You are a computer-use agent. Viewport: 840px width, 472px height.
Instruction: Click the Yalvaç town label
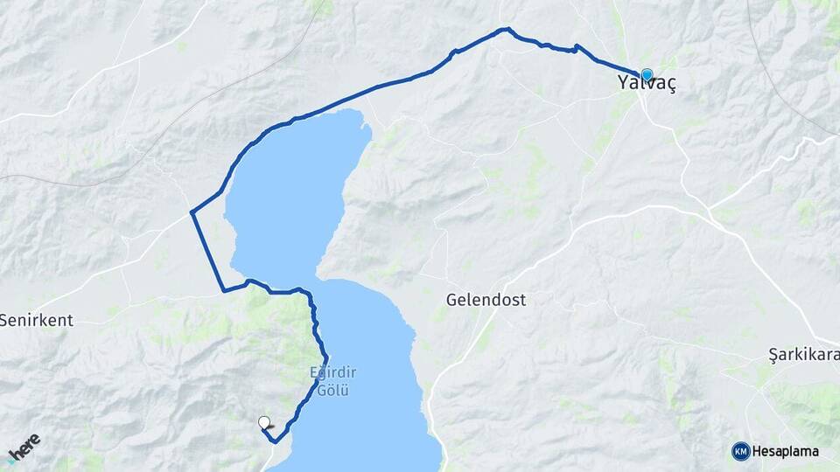pos(647,85)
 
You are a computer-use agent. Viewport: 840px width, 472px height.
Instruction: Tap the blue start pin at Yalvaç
pos(647,75)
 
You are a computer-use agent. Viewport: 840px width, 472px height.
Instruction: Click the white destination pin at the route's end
pos(264,422)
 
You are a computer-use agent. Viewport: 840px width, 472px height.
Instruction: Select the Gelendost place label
pos(486,299)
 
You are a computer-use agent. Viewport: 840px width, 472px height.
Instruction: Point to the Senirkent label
pos(37,320)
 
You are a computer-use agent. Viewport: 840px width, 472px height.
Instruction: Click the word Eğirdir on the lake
pos(332,373)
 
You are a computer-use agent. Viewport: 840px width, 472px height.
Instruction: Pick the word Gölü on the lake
pos(332,390)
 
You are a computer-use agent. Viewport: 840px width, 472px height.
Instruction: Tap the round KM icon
pos(741,451)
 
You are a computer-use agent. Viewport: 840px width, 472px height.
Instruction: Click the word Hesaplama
pos(786,451)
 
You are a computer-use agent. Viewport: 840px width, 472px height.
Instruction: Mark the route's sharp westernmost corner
pos(192,212)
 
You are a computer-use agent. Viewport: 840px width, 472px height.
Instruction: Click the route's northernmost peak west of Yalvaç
pos(504,29)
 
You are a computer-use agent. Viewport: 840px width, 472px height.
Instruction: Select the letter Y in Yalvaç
pos(623,85)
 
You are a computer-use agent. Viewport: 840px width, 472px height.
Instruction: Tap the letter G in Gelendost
pos(451,299)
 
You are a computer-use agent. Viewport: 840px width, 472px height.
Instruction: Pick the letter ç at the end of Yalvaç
pos(670,87)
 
